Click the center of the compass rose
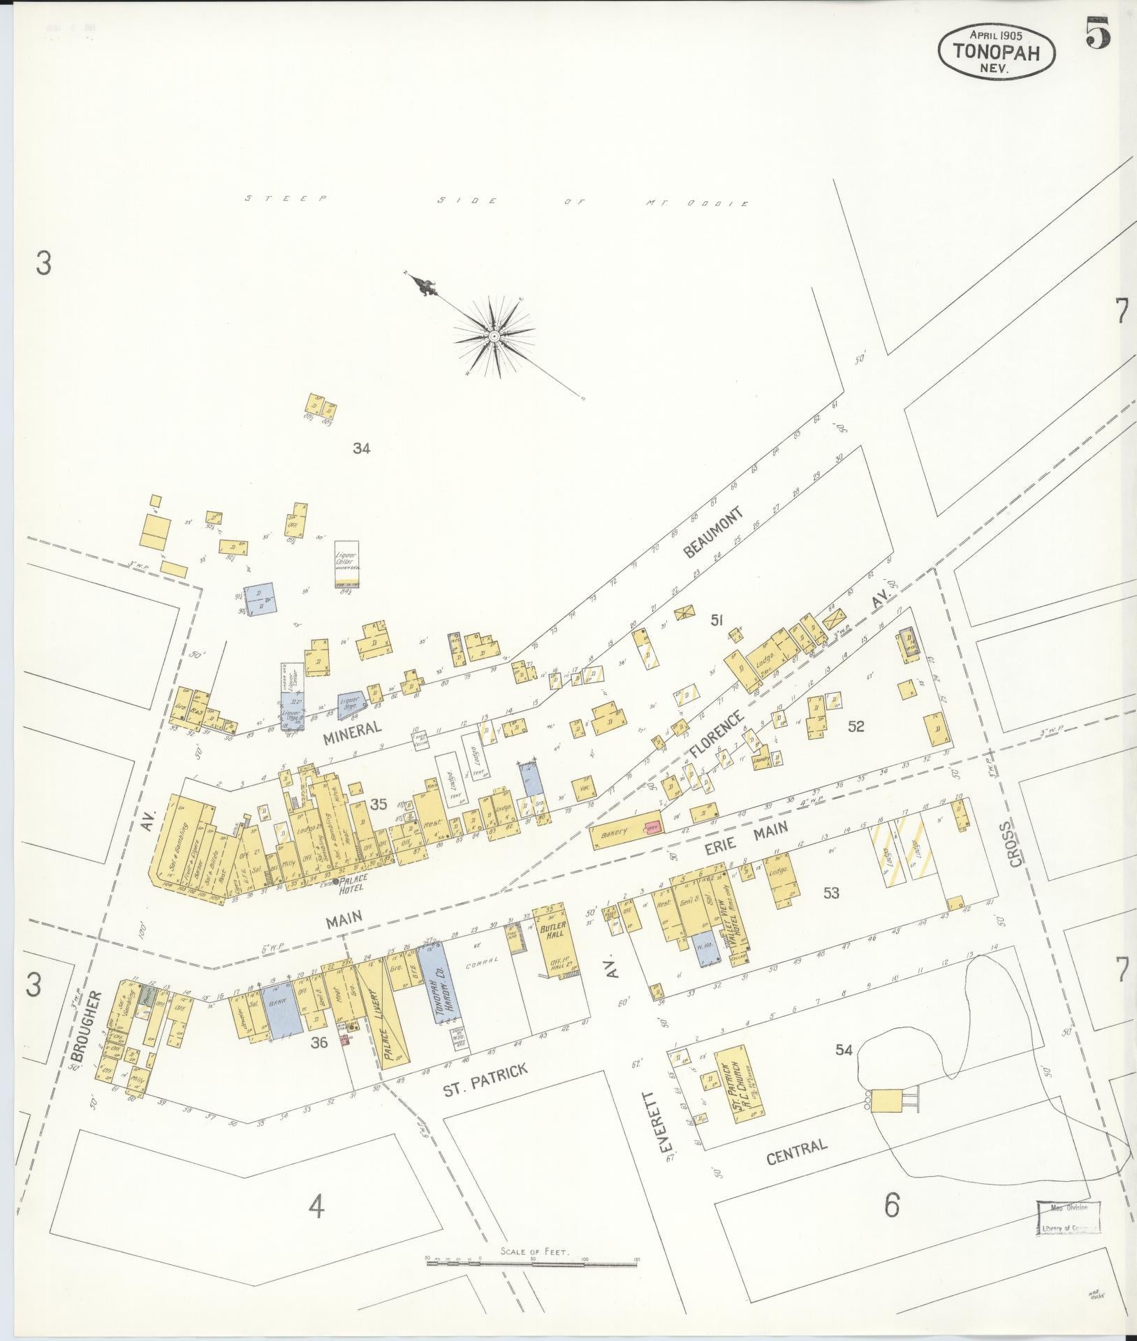click(494, 337)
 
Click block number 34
click(361, 449)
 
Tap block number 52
click(856, 727)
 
